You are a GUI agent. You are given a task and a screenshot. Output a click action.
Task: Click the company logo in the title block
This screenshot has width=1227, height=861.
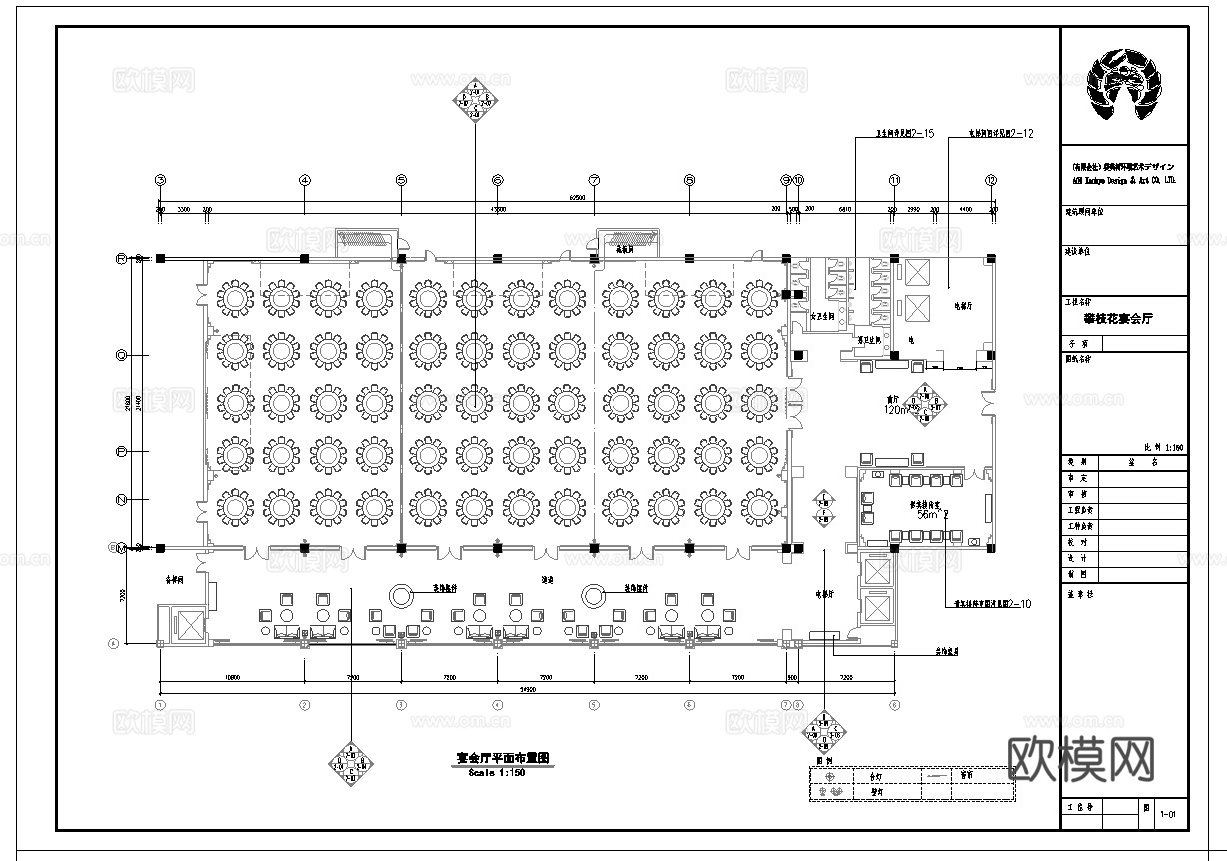[x=1124, y=87]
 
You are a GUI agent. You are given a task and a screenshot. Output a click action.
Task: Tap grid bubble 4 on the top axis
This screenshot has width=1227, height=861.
[x=305, y=180]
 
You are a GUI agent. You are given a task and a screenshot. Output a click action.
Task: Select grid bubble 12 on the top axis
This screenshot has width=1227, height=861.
[x=991, y=180]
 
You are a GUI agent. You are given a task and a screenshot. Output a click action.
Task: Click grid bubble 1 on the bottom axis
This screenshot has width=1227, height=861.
[x=160, y=705]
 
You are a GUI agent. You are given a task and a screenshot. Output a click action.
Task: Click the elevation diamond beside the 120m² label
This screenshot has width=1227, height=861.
[x=931, y=403]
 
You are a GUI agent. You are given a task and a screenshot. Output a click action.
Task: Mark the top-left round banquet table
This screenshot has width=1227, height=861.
[x=235, y=297]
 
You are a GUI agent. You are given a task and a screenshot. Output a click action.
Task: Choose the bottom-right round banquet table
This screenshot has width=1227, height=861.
[x=759, y=507]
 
